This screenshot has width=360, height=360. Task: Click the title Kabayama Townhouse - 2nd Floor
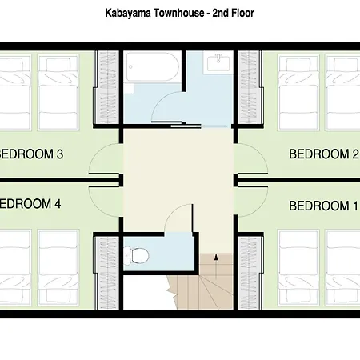click(x=179, y=13)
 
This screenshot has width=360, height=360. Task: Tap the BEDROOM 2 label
click(x=324, y=154)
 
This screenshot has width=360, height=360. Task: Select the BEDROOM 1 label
click(x=323, y=206)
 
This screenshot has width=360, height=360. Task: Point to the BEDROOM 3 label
click(x=31, y=154)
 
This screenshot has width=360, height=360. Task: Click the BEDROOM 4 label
click(x=30, y=204)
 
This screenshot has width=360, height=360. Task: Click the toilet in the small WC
click(x=137, y=255)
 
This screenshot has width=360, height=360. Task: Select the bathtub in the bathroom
click(x=152, y=67)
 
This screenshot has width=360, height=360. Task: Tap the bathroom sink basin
click(x=218, y=62)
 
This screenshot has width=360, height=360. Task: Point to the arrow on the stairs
click(x=216, y=266)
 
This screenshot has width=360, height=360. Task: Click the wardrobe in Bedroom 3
click(x=108, y=87)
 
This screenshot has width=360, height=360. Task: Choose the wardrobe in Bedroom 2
click(x=249, y=87)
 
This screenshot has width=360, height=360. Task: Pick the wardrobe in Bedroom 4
click(x=108, y=273)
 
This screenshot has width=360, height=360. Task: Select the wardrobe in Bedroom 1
click(x=249, y=273)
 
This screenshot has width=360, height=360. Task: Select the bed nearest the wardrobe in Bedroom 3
click(x=58, y=93)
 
